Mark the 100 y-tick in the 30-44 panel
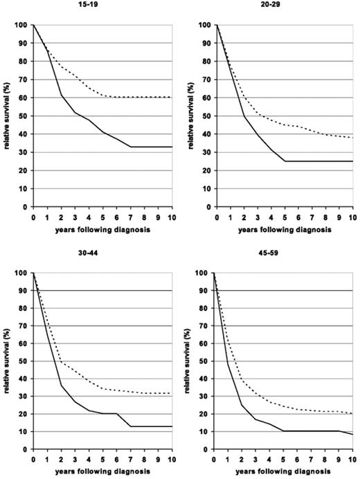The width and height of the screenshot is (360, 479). (x=21, y=273)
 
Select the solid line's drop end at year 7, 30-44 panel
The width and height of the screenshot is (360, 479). (x=130, y=426)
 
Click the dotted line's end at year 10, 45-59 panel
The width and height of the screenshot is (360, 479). (x=352, y=414)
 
